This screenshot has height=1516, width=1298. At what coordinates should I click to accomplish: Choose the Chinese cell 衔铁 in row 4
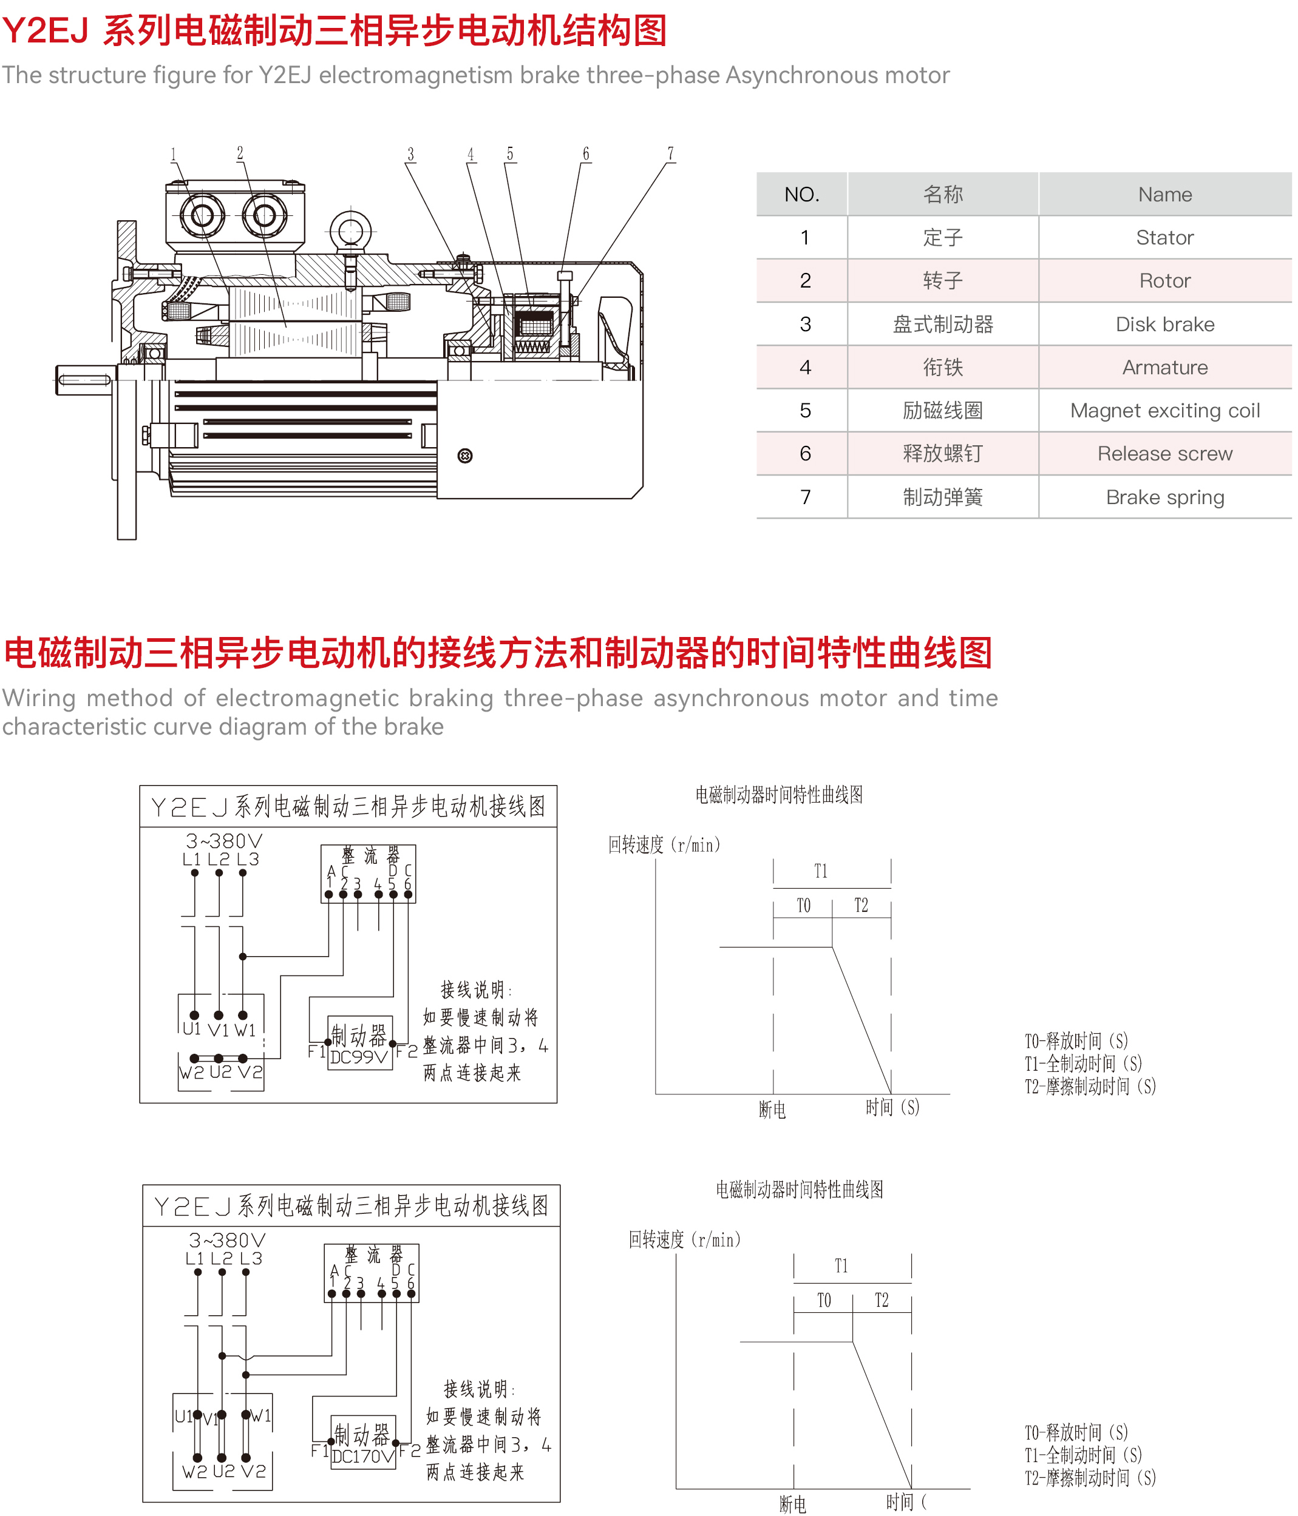pos(942,367)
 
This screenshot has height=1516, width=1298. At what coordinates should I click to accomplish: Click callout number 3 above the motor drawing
pos(410,154)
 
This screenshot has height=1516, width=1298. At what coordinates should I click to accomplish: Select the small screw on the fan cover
pos(465,456)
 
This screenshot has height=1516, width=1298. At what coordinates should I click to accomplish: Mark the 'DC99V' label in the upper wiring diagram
pos(359,1057)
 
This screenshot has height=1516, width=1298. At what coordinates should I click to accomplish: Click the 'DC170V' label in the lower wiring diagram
pos(363,1456)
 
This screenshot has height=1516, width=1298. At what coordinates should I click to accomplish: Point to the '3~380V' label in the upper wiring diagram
pos(224,841)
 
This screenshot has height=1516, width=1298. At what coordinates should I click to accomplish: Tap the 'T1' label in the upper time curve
pos(821,871)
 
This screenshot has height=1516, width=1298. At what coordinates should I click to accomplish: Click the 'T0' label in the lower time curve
pos(824,1300)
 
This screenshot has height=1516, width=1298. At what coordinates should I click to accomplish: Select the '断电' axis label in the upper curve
pos(772,1110)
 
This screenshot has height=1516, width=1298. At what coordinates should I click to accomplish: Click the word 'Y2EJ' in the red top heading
pos(46,31)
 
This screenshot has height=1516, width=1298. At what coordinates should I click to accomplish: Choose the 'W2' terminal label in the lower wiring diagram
pos(195,1471)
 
